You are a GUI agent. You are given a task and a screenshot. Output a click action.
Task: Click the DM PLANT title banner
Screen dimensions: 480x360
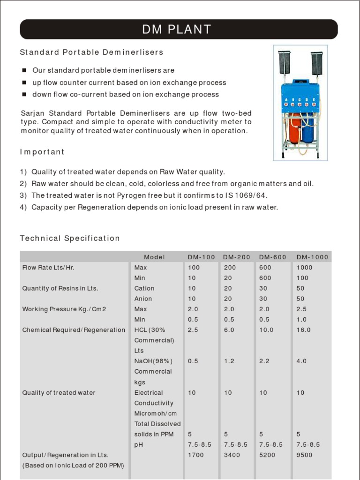tap(179, 30)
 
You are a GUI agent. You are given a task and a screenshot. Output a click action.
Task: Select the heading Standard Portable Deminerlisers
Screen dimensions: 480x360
tap(91, 52)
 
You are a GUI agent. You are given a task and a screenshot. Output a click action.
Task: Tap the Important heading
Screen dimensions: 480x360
tap(42, 152)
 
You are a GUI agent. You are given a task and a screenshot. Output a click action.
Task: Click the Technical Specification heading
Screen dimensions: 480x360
tap(70, 238)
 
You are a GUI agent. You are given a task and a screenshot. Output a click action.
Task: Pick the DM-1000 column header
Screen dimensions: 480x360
tap(313, 257)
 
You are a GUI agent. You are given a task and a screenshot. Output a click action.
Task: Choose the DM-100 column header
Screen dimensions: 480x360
tap(202, 257)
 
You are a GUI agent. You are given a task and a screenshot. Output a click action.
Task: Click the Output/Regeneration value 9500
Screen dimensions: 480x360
tap(304, 455)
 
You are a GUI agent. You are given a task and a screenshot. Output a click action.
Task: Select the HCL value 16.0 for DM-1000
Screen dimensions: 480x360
tap(303, 330)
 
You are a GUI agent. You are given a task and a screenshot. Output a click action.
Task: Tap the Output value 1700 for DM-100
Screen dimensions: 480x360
tap(195, 455)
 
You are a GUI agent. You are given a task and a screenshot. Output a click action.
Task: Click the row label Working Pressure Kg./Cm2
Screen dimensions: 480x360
tap(64, 309)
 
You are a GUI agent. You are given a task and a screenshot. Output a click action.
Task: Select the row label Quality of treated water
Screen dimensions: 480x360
tap(59, 392)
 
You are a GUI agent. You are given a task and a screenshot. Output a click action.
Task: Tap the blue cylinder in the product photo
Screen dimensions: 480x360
tap(308, 131)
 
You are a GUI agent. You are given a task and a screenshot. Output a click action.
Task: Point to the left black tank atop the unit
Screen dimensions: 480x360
tap(285, 63)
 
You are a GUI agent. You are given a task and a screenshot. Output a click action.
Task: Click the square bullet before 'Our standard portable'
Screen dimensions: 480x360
tap(24, 70)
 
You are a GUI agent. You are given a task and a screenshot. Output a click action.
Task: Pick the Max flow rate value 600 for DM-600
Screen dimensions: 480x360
tap(265, 268)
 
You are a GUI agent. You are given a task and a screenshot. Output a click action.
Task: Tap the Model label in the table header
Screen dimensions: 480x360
tap(155, 257)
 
